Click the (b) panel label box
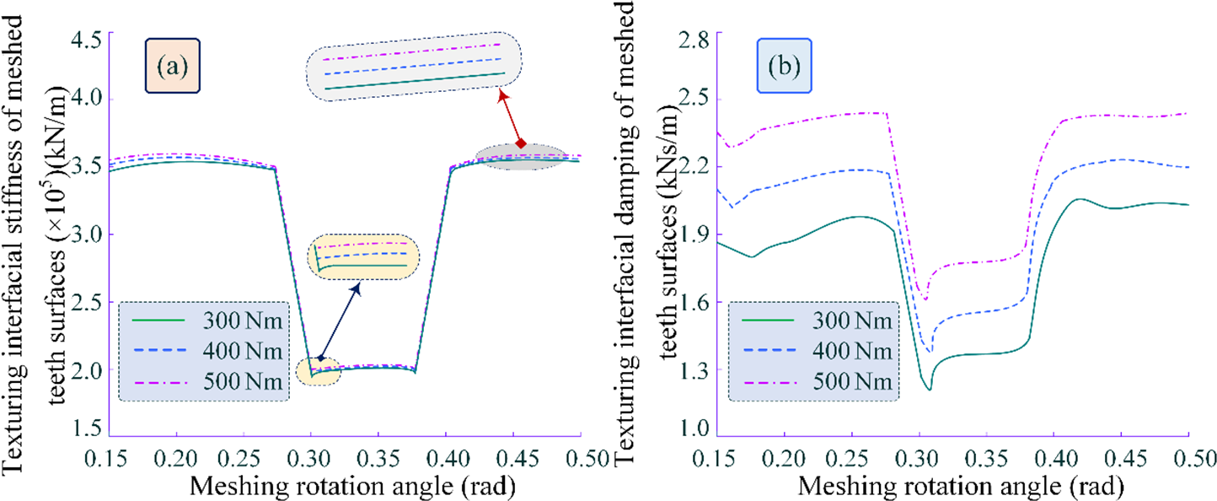point(784,66)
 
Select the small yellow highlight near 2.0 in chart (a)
point(319,370)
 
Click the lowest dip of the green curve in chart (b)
point(930,389)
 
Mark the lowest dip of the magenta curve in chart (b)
point(925,299)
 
